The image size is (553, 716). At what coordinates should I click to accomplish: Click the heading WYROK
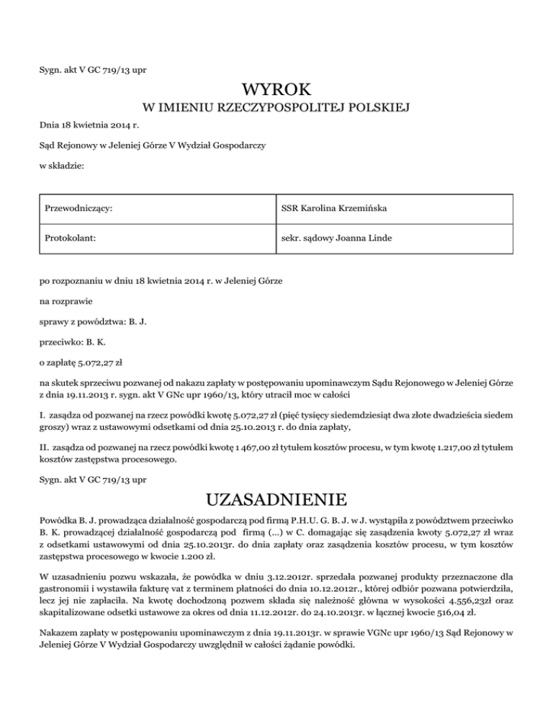pyautogui.click(x=276, y=90)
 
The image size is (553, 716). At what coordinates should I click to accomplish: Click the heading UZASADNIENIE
pyautogui.click(x=276, y=499)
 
